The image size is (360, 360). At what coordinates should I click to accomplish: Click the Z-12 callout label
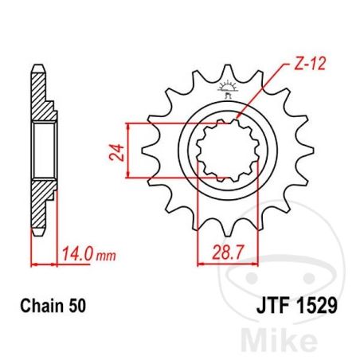pos(310,64)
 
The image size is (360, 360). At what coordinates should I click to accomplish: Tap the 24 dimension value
pos(117,152)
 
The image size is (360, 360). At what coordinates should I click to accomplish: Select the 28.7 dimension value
pos(228,252)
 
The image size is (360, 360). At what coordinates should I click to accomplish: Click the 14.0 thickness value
pos(77,254)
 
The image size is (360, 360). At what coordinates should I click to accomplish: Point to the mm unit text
pos(106,256)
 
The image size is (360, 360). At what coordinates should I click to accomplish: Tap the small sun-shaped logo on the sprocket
pos(227,88)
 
